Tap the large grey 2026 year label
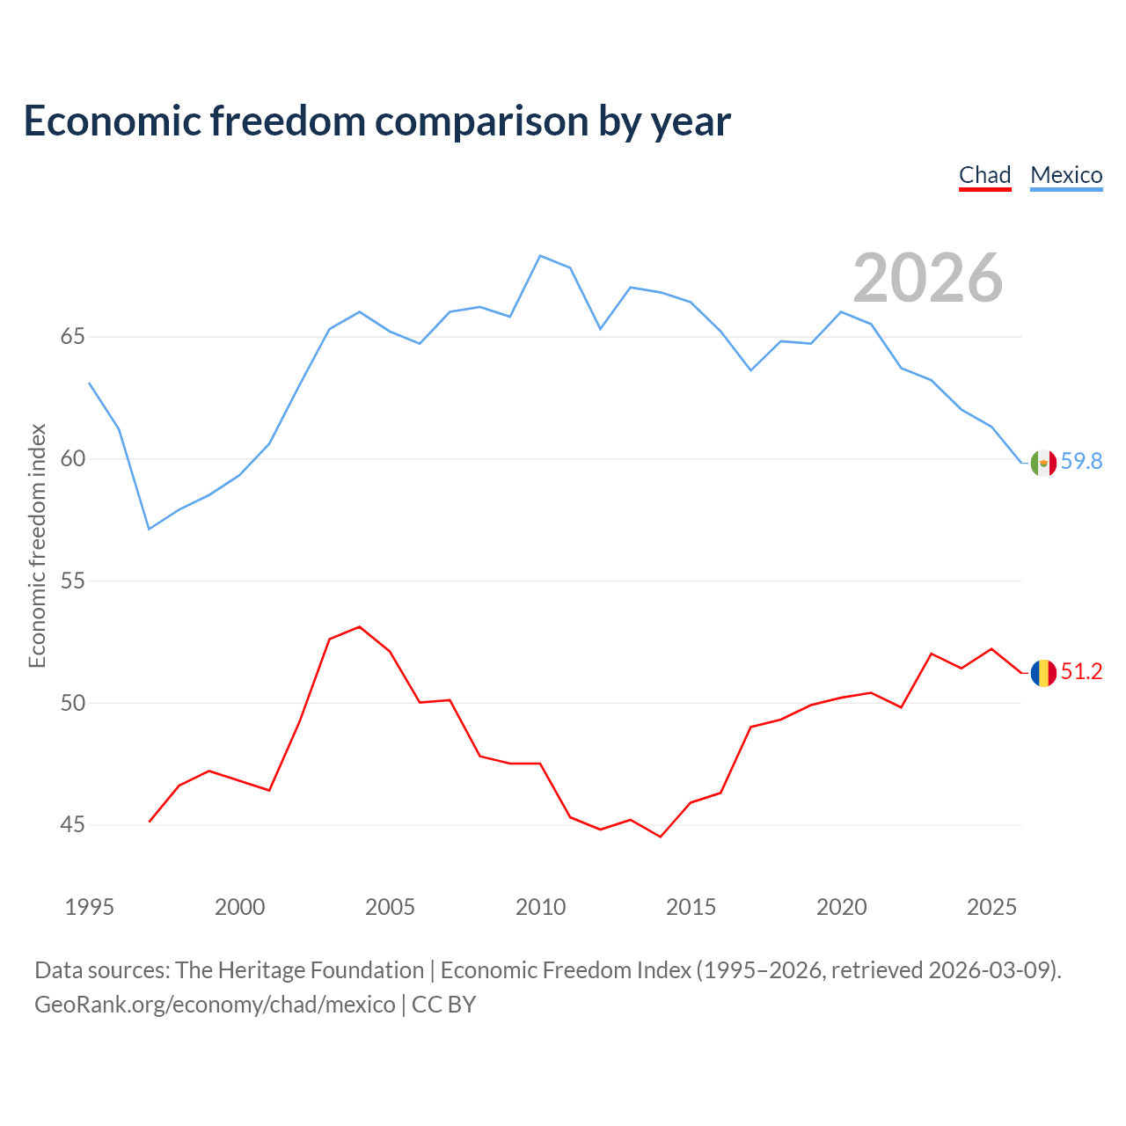click(928, 278)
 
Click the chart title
click(377, 121)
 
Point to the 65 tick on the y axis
click(72, 337)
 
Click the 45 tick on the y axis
click(72, 825)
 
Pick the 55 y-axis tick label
click(72, 581)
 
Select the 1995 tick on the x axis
click(90, 907)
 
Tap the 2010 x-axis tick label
click(540, 907)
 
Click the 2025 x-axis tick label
click(991, 907)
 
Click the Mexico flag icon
click(1043, 464)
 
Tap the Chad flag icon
click(1043, 673)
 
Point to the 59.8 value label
click(1081, 461)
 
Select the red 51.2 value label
click(1081, 671)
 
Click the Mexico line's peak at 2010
click(540, 256)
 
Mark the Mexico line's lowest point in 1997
click(150, 529)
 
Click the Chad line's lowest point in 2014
click(661, 837)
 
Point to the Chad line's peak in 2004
click(360, 627)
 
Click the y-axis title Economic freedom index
click(38, 545)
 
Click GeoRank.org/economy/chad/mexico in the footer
click(215, 1005)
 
